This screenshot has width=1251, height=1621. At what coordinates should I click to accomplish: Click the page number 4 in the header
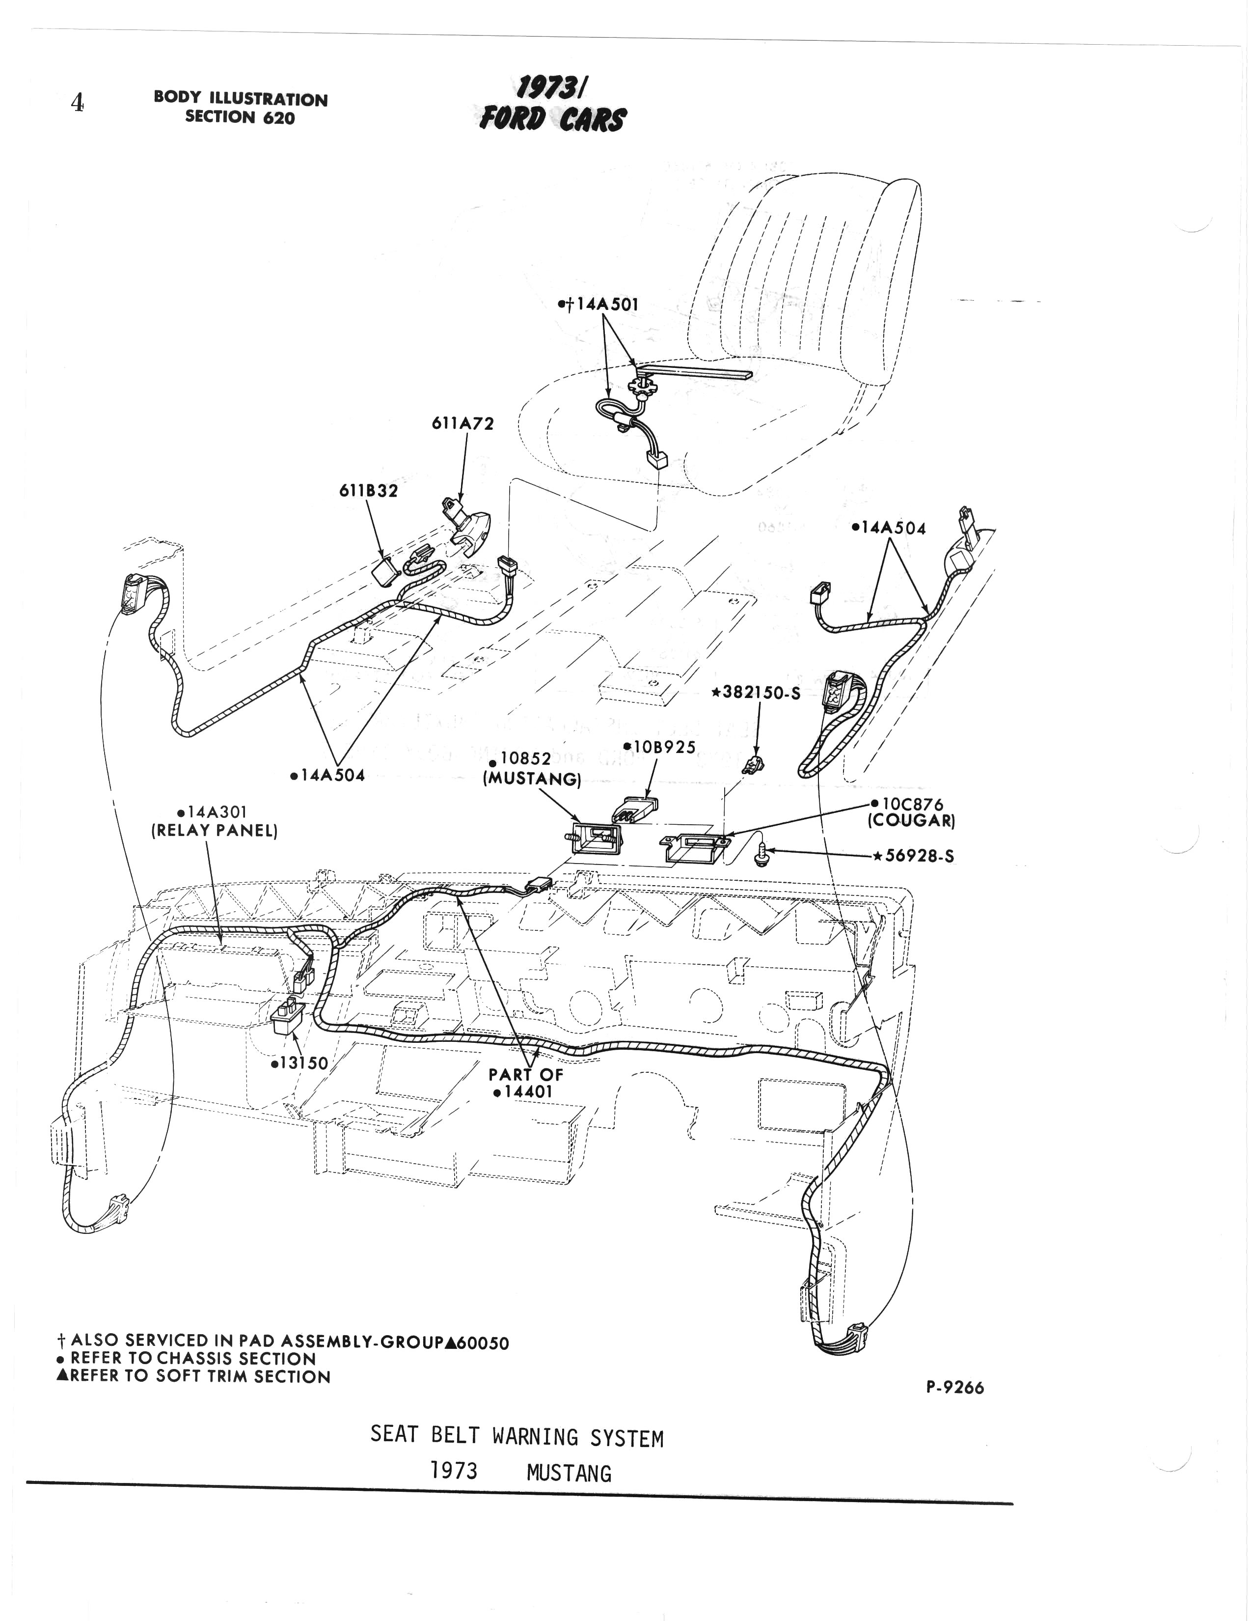77,103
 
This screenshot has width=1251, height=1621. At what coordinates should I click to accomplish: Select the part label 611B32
368,491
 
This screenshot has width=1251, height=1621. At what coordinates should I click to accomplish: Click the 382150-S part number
755,693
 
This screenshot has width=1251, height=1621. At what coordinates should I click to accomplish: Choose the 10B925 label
659,748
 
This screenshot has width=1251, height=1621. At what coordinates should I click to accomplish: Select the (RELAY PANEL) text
215,831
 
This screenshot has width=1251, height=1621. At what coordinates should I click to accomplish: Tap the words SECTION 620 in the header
240,117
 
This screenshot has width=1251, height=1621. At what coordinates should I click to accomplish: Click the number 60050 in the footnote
483,1342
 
